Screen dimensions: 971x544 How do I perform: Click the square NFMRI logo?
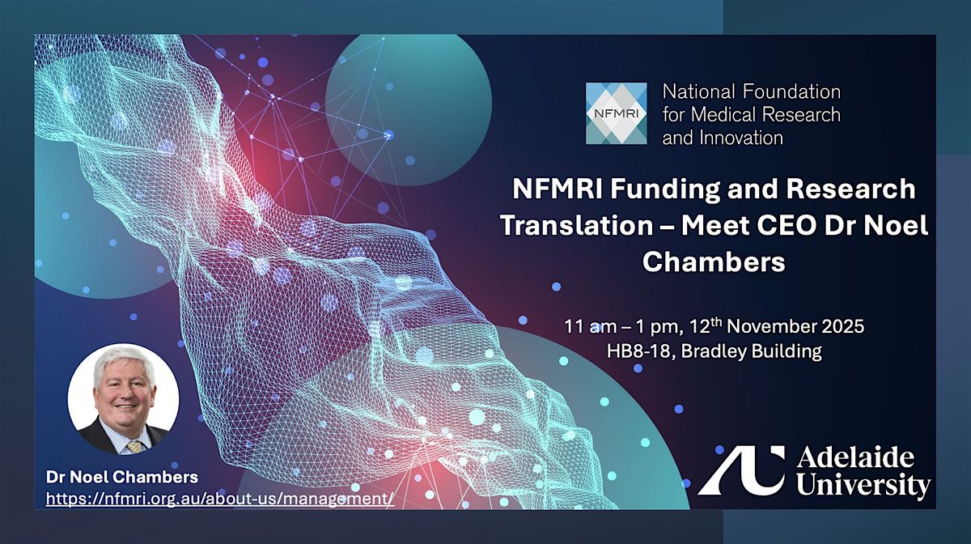[616, 113]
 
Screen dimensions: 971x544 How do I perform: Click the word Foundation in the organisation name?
[791, 92]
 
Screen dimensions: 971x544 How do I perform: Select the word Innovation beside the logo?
[741, 138]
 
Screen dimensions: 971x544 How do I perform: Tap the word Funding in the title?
[670, 189]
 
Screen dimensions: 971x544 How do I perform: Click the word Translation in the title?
[576, 226]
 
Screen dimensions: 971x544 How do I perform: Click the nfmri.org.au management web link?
[220, 499]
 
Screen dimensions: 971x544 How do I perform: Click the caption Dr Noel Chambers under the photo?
[122, 477]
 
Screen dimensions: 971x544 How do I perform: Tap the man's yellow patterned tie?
[135, 447]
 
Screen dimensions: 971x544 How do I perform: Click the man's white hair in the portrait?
[124, 361]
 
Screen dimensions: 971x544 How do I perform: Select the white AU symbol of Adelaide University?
[741, 470]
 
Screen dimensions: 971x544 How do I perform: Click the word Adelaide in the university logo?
[855, 458]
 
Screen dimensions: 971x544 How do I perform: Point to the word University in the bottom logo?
[863, 485]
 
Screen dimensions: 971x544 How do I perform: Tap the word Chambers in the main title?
[714, 262]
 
